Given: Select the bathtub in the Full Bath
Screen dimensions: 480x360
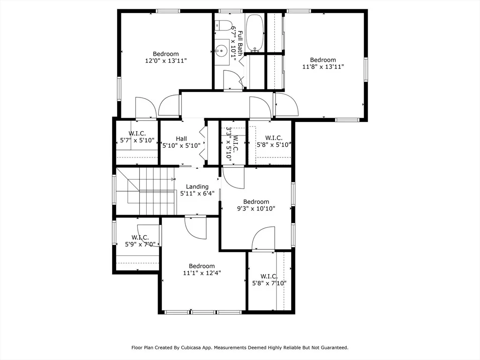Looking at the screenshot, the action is coord(255,33).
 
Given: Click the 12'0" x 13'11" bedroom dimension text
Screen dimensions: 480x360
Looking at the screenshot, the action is coord(166,60).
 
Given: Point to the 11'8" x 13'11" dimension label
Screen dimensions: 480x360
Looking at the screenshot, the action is coord(323,67).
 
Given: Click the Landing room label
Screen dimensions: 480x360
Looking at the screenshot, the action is coord(197,187).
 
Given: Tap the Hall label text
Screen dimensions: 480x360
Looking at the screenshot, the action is coord(181,139).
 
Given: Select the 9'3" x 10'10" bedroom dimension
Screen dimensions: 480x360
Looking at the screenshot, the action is coord(256,209).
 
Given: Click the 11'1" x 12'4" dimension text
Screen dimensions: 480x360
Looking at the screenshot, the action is coord(202,273).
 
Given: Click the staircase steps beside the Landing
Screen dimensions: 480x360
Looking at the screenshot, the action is coord(146,191).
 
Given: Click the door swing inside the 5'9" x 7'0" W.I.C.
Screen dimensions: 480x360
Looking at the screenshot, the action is coord(149,235).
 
